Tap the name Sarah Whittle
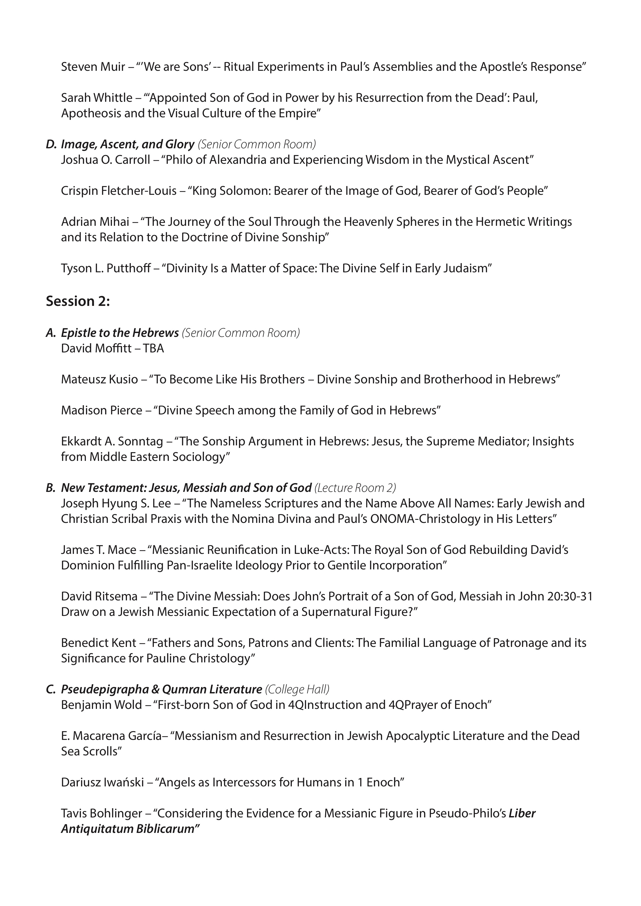[97, 98]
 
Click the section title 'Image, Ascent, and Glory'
[127, 144]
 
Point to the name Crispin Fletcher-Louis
[118, 191]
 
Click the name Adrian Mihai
[95, 222]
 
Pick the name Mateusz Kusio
[100, 380]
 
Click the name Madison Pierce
[101, 411]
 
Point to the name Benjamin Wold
[101, 705]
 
